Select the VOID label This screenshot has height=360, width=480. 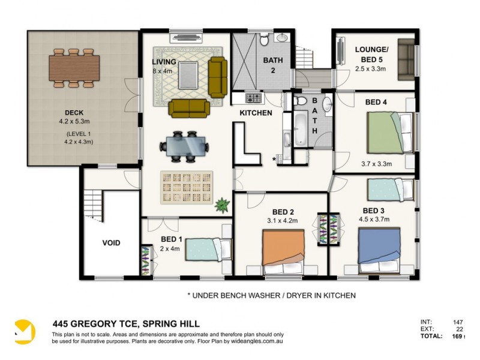pos(111,243)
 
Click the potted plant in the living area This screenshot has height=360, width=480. pos(222,205)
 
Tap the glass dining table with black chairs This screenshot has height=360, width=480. pos(184,146)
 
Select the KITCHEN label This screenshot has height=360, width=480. pos(256,113)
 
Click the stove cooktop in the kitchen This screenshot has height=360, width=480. pos(253,98)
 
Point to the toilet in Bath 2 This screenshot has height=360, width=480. pos(264,41)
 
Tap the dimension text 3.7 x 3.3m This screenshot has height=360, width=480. pos(376,163)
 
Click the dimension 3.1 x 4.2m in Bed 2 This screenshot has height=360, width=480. pos(283,220)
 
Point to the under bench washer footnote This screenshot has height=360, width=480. pos(272,295)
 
